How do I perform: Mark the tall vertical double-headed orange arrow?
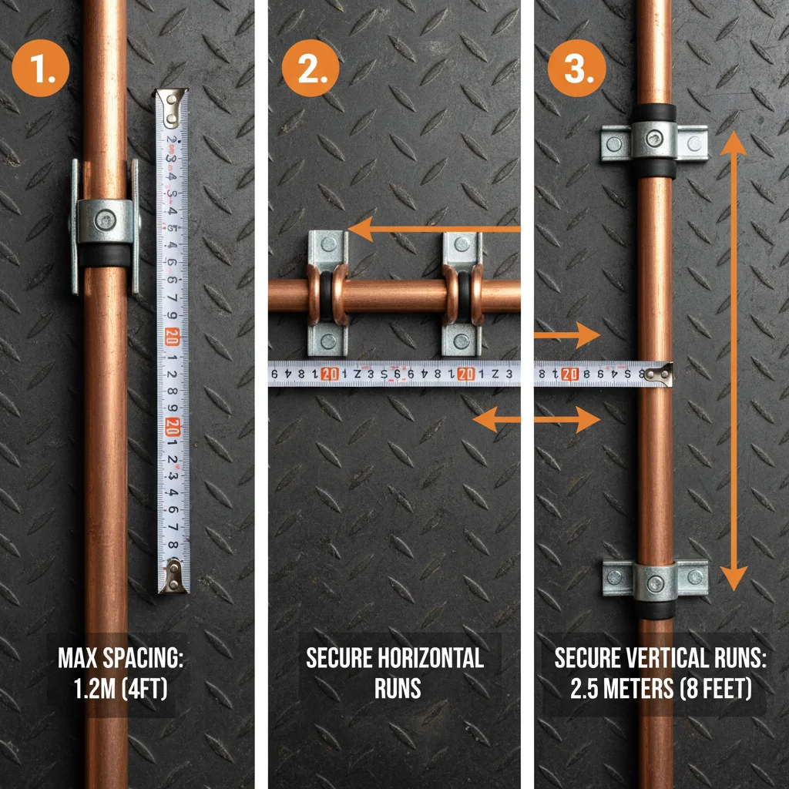click(733, 361)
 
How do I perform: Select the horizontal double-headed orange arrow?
click(536, 420)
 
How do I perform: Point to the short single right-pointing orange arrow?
click(566, 335)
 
